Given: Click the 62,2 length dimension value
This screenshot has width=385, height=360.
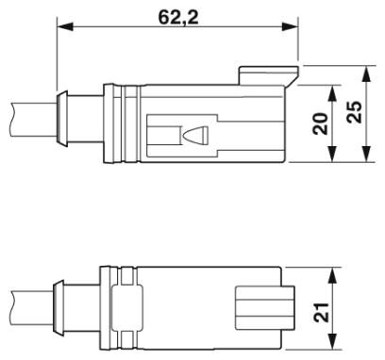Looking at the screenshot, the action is pos(178,17).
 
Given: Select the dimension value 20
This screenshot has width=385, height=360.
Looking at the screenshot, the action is pos(321,123).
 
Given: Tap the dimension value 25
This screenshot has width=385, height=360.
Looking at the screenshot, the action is pos(354,112).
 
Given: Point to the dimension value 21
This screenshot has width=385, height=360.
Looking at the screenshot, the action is pos(321,312).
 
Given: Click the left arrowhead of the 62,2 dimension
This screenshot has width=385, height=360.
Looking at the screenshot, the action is pos(65,26).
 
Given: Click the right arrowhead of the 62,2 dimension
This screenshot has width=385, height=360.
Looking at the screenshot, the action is pos(290,26).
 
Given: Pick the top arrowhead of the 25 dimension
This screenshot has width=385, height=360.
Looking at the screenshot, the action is pos(366,74).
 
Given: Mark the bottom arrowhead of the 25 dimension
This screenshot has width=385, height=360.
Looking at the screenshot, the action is pos(366,155).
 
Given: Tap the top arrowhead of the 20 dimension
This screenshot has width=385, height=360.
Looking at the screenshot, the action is pos(332,93).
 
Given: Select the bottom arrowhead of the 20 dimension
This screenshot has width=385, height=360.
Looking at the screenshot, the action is pos(332,155).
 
